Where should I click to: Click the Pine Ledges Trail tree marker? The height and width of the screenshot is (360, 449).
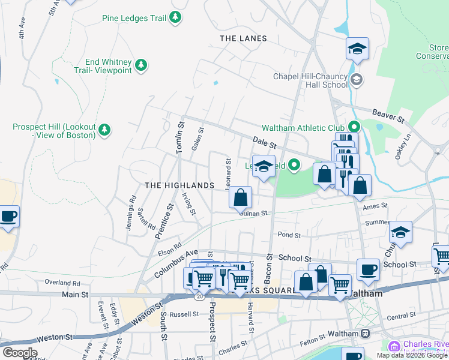click(x=175, y=18)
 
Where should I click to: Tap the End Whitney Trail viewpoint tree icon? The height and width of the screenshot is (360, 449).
click(x=141, y=65)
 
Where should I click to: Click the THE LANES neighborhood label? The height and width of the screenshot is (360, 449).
click(x=243, y=38)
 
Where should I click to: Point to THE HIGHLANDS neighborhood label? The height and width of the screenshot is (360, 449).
click(x=179, y=185)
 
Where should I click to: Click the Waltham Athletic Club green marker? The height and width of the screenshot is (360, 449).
click(x=354, y=127)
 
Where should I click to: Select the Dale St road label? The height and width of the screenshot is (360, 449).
click(x=264, y=143)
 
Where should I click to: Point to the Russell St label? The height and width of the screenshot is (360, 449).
click(x=184, y=314)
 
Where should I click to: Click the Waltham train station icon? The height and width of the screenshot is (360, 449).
click(x=365, y=333)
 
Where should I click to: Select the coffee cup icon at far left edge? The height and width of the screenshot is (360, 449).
click(x=8, y=216)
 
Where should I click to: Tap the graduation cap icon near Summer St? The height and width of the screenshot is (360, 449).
click(x=400, y=232)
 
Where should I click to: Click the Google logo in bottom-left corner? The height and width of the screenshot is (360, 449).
click(x=19, y=353)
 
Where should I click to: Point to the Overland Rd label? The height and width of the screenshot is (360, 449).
click(x=62, y=282)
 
